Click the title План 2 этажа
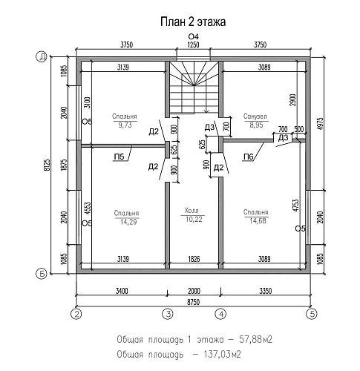[193, 22]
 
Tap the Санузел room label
[255, 116]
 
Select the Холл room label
[192, 211]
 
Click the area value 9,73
[125, 125]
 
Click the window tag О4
[194, 36]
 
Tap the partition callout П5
[119, 157]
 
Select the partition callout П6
[249, 157]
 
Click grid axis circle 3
[168, 314]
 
